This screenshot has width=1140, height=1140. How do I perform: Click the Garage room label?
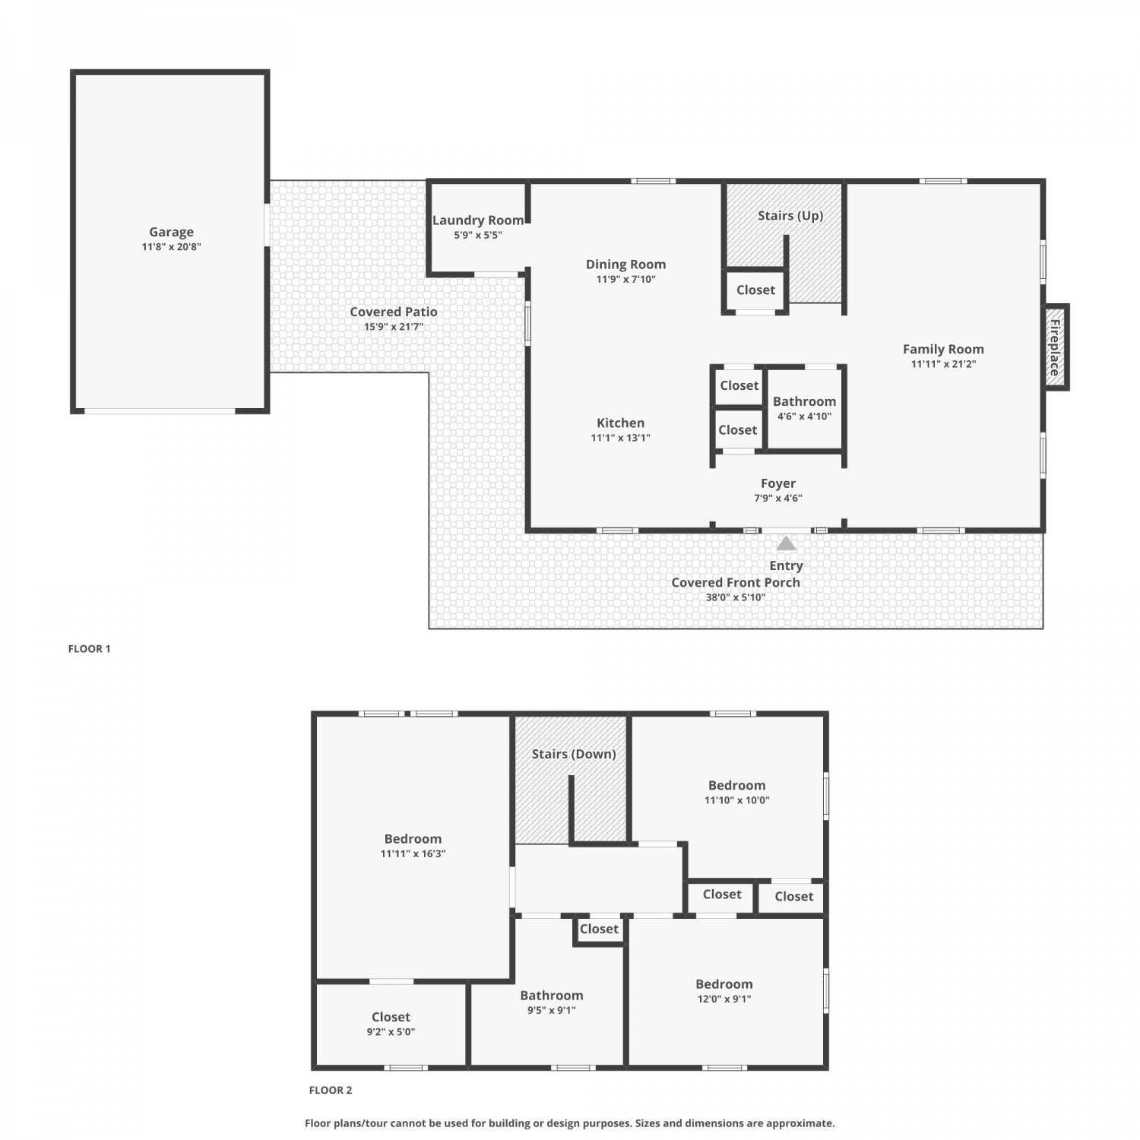click(x=171, y=232)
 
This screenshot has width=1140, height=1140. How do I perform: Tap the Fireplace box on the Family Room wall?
click(x=1056, y=347)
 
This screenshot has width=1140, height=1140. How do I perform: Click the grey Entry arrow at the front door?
click(x=786, y=543)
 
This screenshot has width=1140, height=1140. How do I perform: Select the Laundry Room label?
click(x=478, y=220)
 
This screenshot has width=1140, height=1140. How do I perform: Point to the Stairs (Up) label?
click(x=790, y=216)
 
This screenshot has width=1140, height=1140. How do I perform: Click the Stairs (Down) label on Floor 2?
click(x=574, y=754)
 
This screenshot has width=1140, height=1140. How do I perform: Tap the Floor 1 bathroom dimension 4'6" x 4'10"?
click(x=804, y=416)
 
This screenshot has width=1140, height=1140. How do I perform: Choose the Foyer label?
click(x=778, y=483)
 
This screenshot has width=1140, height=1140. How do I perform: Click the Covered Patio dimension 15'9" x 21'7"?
click(x=394, y=327)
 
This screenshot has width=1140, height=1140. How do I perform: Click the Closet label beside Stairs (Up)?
click(x=755, y=290)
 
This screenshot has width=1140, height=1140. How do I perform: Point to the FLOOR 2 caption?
click(x=331, y=1090)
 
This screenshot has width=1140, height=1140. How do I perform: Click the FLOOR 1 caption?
click(x=90, y=648)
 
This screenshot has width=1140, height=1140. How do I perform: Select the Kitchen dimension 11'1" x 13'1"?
click(x=620, y=438)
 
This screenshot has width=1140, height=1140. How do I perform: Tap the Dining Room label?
click(x=625, y=264)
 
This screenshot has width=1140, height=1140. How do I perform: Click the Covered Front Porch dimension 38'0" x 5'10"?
click(x=736, y=597)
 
